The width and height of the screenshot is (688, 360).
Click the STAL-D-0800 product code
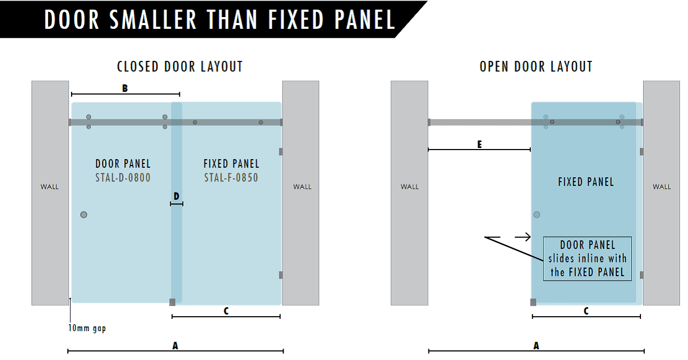coord(123,178)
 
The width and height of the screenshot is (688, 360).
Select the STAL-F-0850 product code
coord(231,178)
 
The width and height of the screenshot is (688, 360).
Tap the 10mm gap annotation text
coord(87,328)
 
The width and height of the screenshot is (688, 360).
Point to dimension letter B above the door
coord(124,89)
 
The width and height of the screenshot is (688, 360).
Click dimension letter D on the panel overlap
coord(176,196)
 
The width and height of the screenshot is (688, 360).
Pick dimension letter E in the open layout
coord(480,144)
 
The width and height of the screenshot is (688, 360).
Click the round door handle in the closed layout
coord(83,215)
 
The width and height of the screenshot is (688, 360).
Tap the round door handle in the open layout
coord(537,215)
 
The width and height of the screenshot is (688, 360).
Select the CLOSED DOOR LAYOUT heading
coord(180,67)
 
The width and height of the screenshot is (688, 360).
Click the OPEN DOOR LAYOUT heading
coord(536,67)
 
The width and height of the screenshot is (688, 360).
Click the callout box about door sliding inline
coord(587,259)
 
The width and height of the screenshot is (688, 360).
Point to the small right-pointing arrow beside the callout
coord(523,237)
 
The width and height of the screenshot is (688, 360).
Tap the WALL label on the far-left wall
coord(50,187)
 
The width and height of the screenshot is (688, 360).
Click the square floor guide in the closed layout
coord(173,302)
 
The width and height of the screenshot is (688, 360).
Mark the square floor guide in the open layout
coord(533,302)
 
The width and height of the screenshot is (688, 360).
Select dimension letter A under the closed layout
coord(175,346)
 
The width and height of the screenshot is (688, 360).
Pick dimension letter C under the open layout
coord(586,311)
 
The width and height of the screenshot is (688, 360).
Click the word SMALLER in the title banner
coord(153,20)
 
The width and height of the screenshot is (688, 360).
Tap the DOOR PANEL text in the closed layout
coord(123,164)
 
